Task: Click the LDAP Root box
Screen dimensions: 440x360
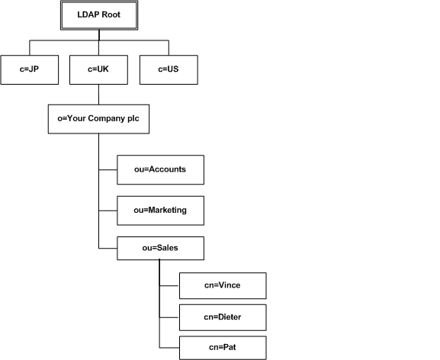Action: click(x=99, y=15)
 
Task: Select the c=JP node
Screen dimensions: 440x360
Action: click(x=30, y=69)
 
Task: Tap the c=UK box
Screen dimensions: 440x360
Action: click(x=98, y=69)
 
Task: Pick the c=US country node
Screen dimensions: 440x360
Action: click(x=169, y=69)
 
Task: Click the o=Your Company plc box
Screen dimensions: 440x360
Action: click(x=98, y=119)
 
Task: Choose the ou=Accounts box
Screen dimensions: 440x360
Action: click(x=160, y=170)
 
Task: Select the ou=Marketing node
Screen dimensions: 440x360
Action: click(x=160, y=211)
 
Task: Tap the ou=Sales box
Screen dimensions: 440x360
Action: click(x=160, y=249)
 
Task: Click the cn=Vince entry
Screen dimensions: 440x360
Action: click(x=223, y=286)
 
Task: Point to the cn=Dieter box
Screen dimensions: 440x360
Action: click(x=223, y=317)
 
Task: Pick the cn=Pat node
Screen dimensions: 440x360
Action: click(x=223, y=348)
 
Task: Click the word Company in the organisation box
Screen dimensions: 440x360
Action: click(x=107, y=119)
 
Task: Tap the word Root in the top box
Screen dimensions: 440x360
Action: click(x=111, y=14)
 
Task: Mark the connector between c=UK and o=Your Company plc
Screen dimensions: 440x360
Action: click(x=98, y=95)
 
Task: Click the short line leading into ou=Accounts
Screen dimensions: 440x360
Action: click(x=108, y=169)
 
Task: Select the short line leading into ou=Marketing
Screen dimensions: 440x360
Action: click(x=108, y=211)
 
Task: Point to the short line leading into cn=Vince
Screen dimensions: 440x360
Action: click(x=169, y=286)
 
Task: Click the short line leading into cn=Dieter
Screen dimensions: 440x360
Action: click(x=169, y=317)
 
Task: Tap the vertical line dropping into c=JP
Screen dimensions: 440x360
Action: click(x=30, y=48)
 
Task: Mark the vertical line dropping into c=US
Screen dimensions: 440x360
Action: click(x=169, y=48)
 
